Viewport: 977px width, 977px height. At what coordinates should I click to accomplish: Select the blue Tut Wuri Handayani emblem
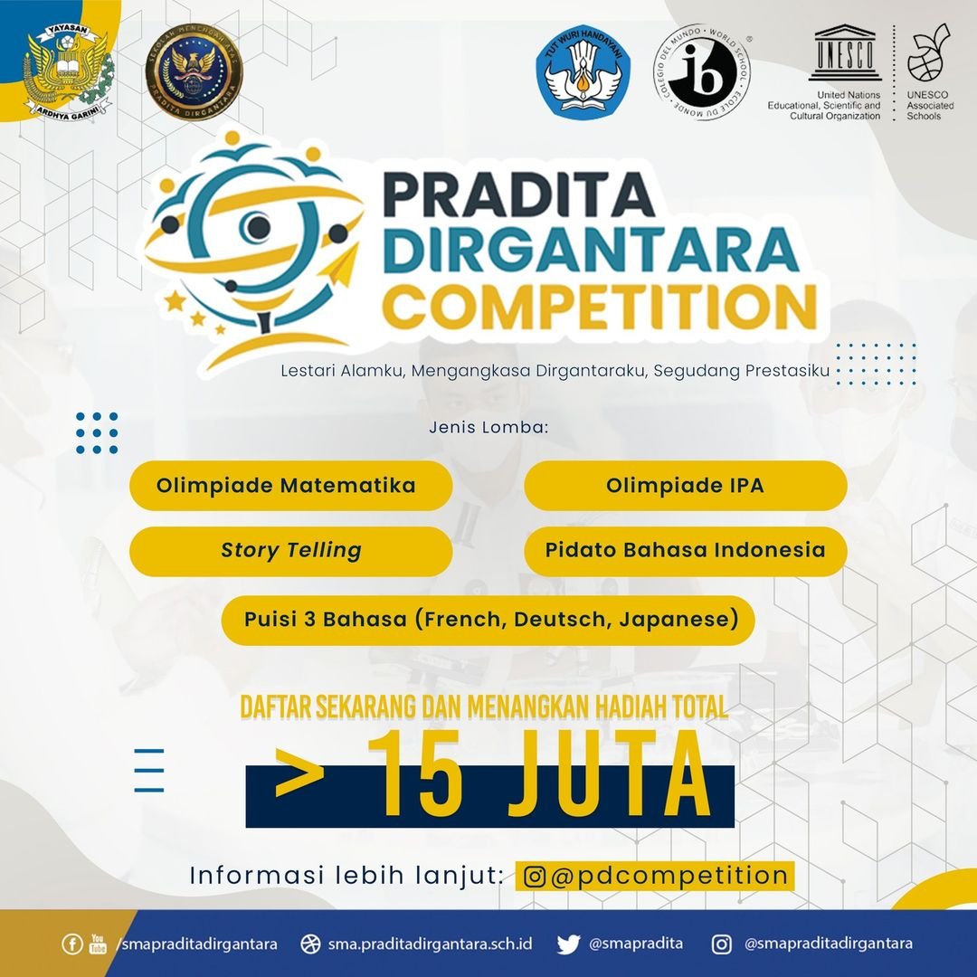tap(583, 69)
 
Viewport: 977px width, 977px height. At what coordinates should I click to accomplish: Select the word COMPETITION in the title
tap(598, 307)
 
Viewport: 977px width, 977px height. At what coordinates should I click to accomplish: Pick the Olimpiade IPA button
tap(685, 486)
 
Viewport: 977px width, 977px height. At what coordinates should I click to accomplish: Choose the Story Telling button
tap(290, 551)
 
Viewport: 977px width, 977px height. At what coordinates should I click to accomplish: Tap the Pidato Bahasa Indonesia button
tap(685, 551)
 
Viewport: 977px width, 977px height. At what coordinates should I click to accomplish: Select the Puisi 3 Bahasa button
tap(488, 621)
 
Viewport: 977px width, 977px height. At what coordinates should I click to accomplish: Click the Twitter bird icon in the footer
tap(568, 944)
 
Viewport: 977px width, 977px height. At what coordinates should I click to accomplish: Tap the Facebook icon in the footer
tap(71, 944)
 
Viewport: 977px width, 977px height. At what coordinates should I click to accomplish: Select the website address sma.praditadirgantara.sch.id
tap(430, 944)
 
